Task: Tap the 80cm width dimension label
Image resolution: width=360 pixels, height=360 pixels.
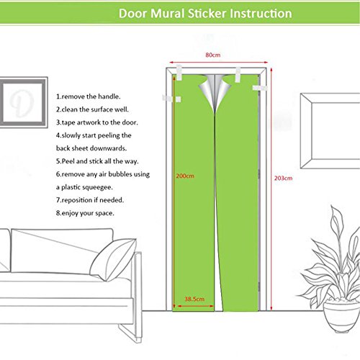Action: pyautogui.click(x=213, y=55)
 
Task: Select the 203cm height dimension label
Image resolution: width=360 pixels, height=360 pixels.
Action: pyautogui.click(x=284, y=178)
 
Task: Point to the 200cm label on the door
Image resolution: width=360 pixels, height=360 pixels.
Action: pyautogui.click(x=185, y=176)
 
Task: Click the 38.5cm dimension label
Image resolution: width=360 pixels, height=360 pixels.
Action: pyautogui.click(x=194, y=299)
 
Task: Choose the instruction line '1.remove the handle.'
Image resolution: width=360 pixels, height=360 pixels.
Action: pyautogui.click(x=89, y=96)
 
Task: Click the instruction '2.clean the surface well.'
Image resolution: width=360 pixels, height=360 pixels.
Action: pyautogui.click(x=92, y=109)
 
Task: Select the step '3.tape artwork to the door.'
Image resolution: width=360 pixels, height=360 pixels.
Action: pyautogui.click(x=97, y=122)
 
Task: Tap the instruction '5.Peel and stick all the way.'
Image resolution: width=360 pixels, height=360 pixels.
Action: pyautogui.click(x=97, y=161)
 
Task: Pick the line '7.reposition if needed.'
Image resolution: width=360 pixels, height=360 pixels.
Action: pyautogui.click(x=90, y=200)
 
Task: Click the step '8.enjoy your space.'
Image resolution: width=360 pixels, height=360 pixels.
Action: pyautogui.click(x=85, y=213)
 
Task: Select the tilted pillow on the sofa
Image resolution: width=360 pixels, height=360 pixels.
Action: pyautogui.click(x=113, y=259)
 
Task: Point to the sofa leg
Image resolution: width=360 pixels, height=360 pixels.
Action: pyautogui.click(x=130, y=333)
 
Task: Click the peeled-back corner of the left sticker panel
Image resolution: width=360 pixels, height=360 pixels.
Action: pyautogui.click(x=207, y=92)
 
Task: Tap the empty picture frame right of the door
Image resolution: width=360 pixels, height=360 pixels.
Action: pyautogui.click(x=330, y=131)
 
